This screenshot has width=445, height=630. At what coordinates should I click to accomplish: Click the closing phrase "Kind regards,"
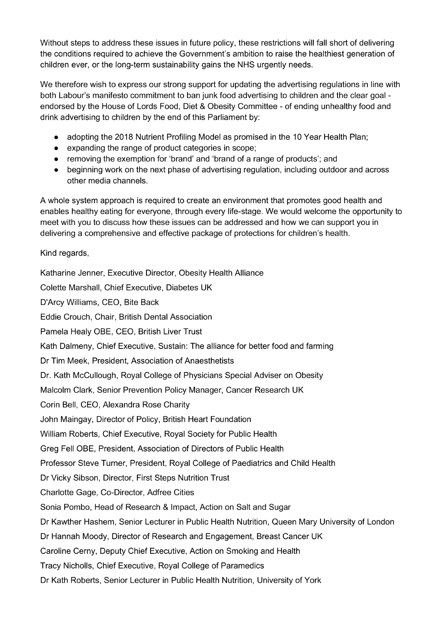tap(65, 253)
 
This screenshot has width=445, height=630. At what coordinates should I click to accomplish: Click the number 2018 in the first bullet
tap(125, 137)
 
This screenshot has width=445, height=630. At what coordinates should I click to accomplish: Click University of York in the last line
tap(289, 580)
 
